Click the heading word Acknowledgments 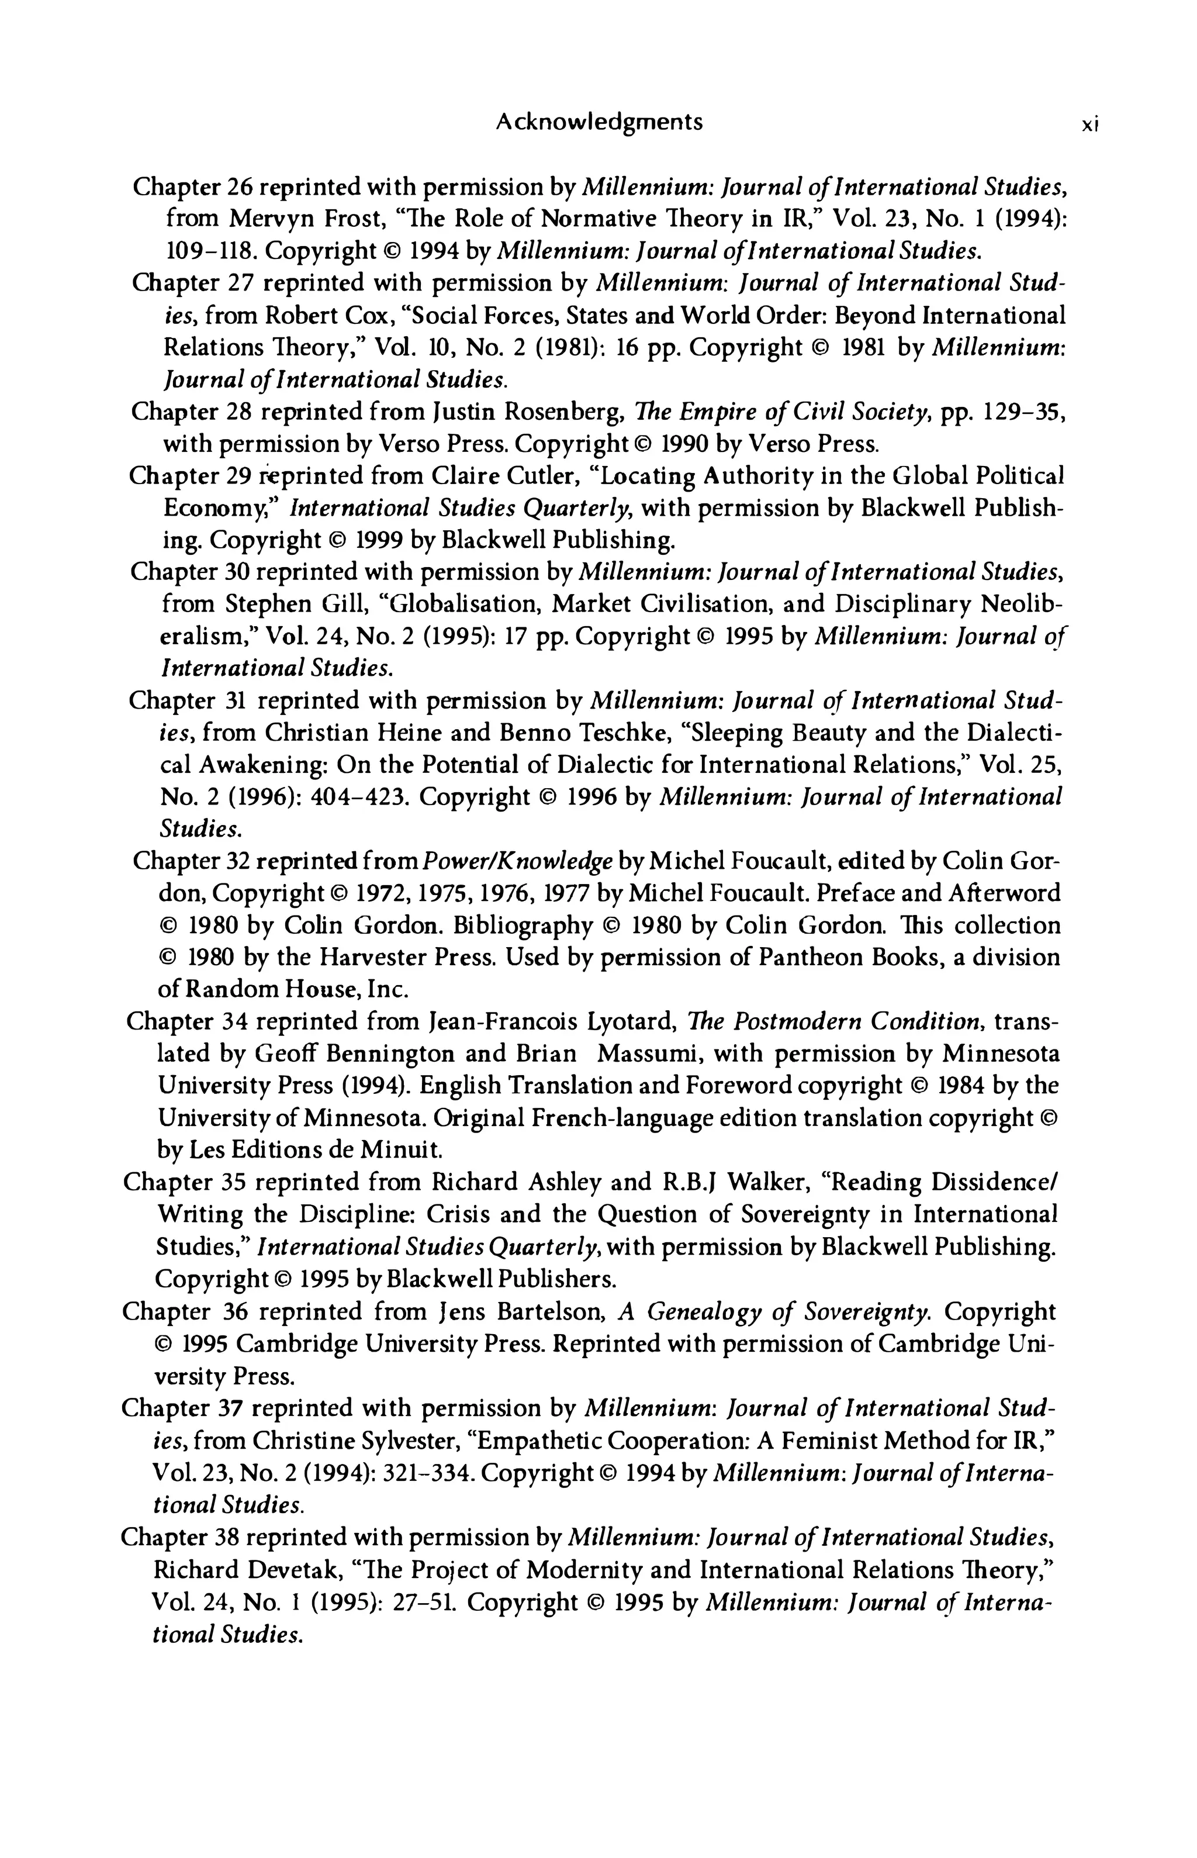point(598,122)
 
